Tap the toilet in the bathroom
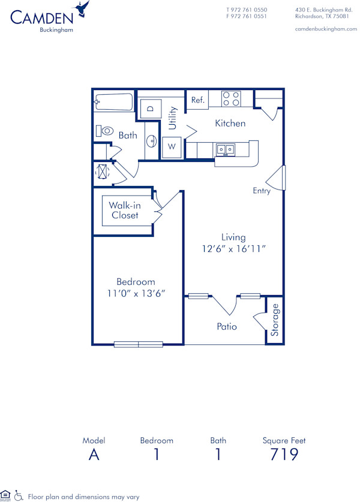[106, 131]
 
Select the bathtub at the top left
[113, 103]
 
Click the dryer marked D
[151, 109]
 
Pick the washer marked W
[171, 146]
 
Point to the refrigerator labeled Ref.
[197, 100]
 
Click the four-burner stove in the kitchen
[231, 98]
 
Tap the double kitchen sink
[226, 149]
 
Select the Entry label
[262, 191]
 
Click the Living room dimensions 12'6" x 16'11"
[232, 248]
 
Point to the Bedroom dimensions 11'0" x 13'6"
[136, 293]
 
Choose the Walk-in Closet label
[125, 210]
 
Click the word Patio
[227, 327]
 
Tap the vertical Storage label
[275, 320]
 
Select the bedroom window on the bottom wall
[139, 344]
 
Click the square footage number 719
[284, 454]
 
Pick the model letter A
[94, 454]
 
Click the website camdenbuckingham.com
[326, 29]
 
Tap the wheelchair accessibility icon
[19, 495]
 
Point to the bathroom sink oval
[151, 142]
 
